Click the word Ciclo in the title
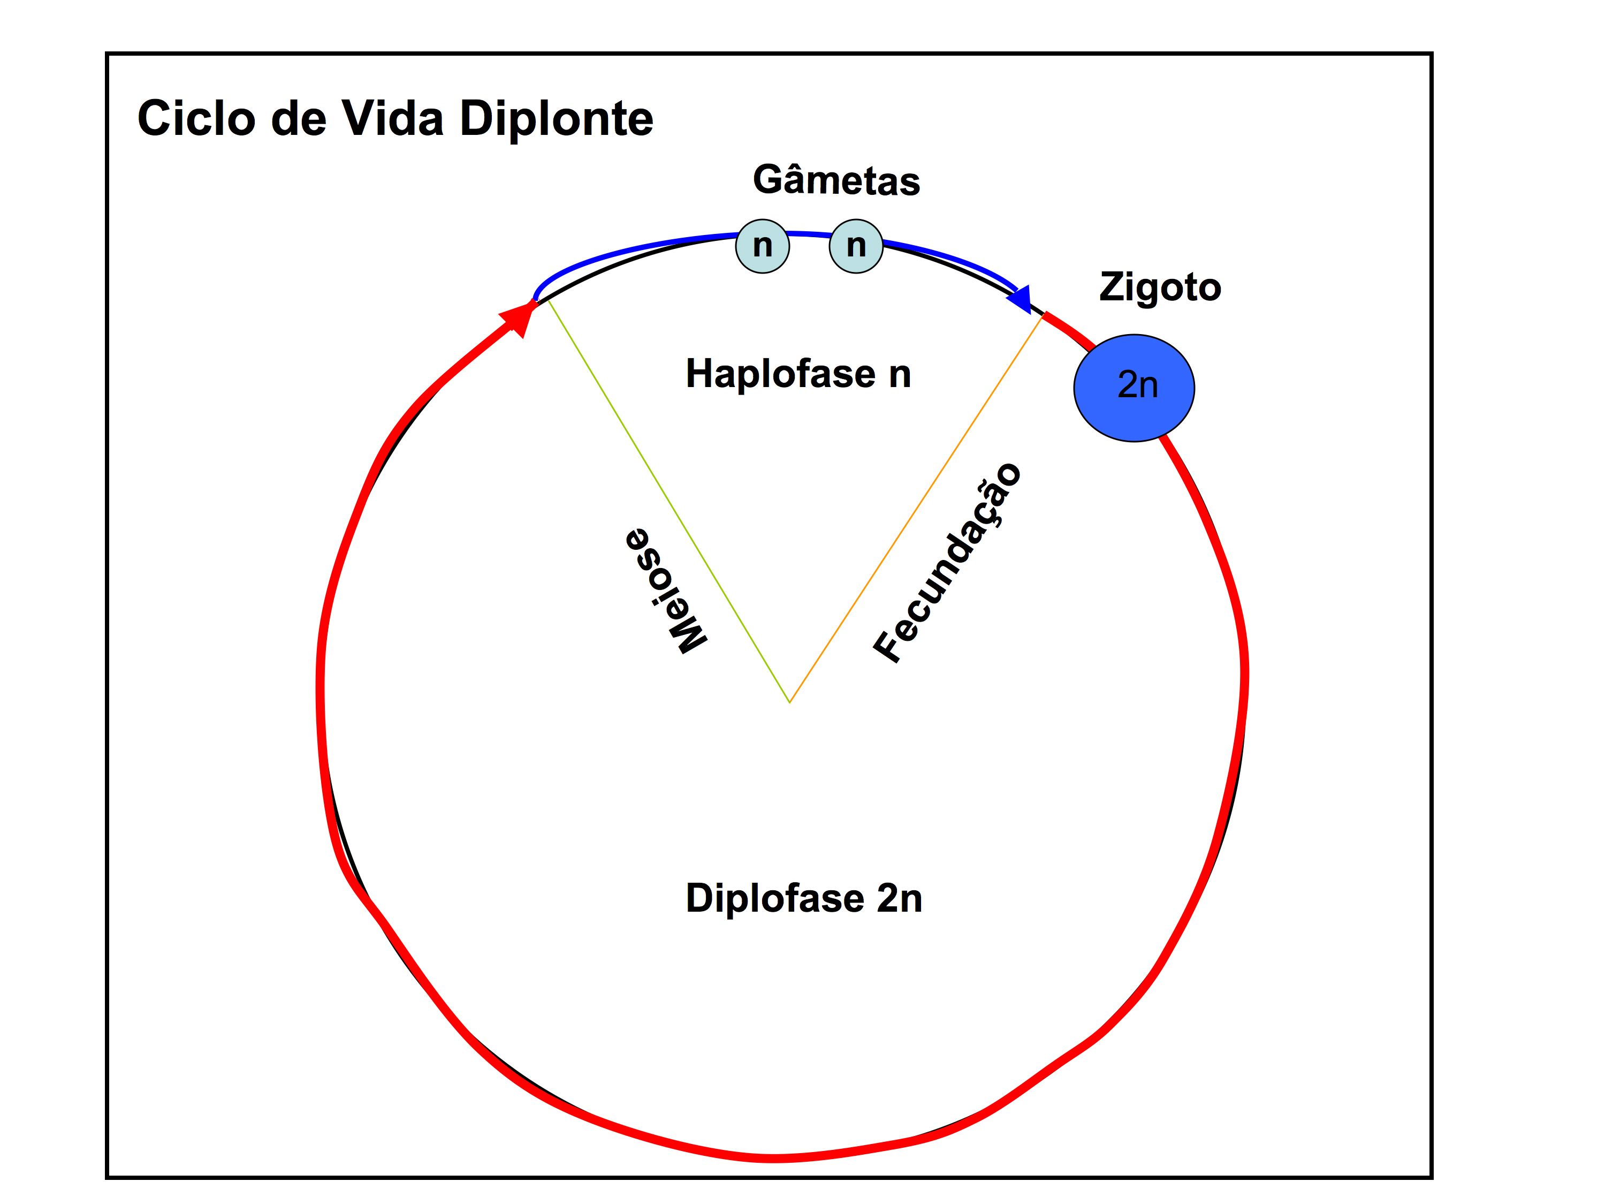point(196,118)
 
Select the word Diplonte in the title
point(557,118)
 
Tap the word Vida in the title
point(392,118)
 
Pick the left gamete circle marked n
point(762,246)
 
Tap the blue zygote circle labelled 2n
point(1134,387)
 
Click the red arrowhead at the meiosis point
point(518,318)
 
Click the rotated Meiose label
point(665,589)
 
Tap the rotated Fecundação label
point(948,563)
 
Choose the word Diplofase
point(775,898)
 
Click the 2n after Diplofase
point(900,898)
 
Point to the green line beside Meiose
point(667,501)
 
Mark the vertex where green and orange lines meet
point(789,702)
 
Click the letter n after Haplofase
point(900,375)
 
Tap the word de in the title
point(298,118)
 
